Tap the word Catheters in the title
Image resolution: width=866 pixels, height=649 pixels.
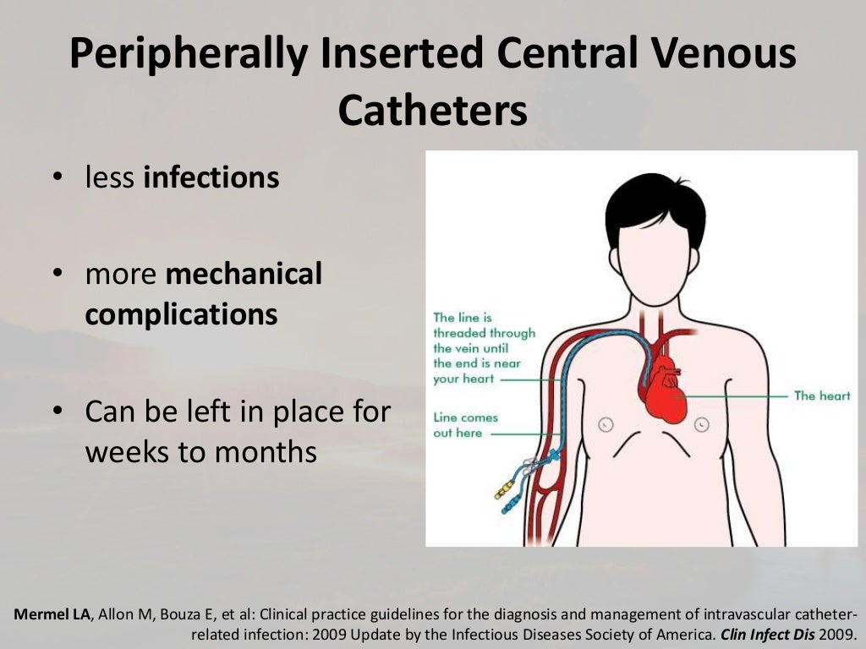coord(433,112)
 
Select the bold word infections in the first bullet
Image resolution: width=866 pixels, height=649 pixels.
coord(211,178)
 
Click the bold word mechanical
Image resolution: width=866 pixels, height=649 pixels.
coord(244,274)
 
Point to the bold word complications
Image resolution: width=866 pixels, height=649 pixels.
coord(181,314)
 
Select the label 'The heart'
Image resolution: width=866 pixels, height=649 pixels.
coord(821,395)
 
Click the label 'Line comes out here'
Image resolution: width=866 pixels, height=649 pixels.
coord(464,425)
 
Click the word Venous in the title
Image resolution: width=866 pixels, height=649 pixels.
coord(724,54)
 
